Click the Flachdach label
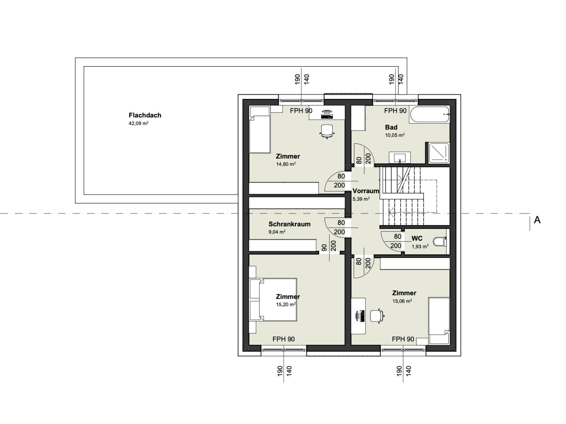(x=145, y=115)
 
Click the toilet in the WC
(x=440, y=242)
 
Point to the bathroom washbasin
(x=400, y=157)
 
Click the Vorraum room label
(x=366, y=191)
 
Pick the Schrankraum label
(x=289, y=224)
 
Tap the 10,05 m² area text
(x=395, y=135)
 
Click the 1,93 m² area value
(x=420, y=247)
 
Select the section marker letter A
(x=537, y=220)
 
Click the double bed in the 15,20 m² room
(x=273, y=299)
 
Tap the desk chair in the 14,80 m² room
(x=327, y=131)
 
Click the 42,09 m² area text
(x=138, y=123)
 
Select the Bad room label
(x=391, y=127)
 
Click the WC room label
(x=417, y=238)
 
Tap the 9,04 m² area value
(x=277, y=232)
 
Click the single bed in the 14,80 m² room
(x=260, y=130)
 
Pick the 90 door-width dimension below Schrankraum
(x=325, y=248)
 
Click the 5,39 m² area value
(x=361, y=199)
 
